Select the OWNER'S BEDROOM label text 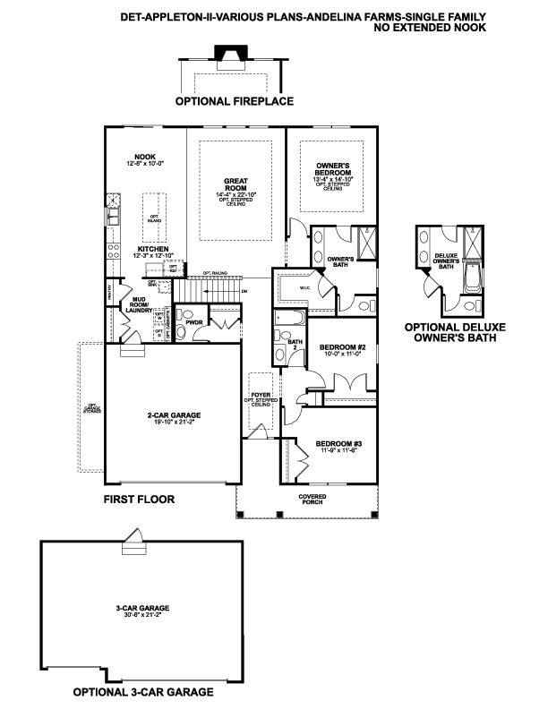(333, 170)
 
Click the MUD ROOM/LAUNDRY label (139, 305)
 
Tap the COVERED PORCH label (313, 499)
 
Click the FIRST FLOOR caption (138, 500)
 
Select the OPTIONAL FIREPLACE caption (234, 101)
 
